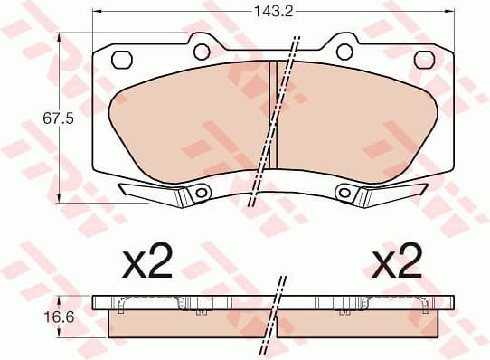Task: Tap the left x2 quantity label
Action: [147, 262]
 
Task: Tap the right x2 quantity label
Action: [397, 262]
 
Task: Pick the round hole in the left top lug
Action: [202, 51]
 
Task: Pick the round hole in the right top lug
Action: [344, 51]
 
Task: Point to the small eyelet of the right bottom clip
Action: [344, 192]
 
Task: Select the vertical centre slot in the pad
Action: [272, 113]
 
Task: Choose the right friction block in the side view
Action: [362, 323]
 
